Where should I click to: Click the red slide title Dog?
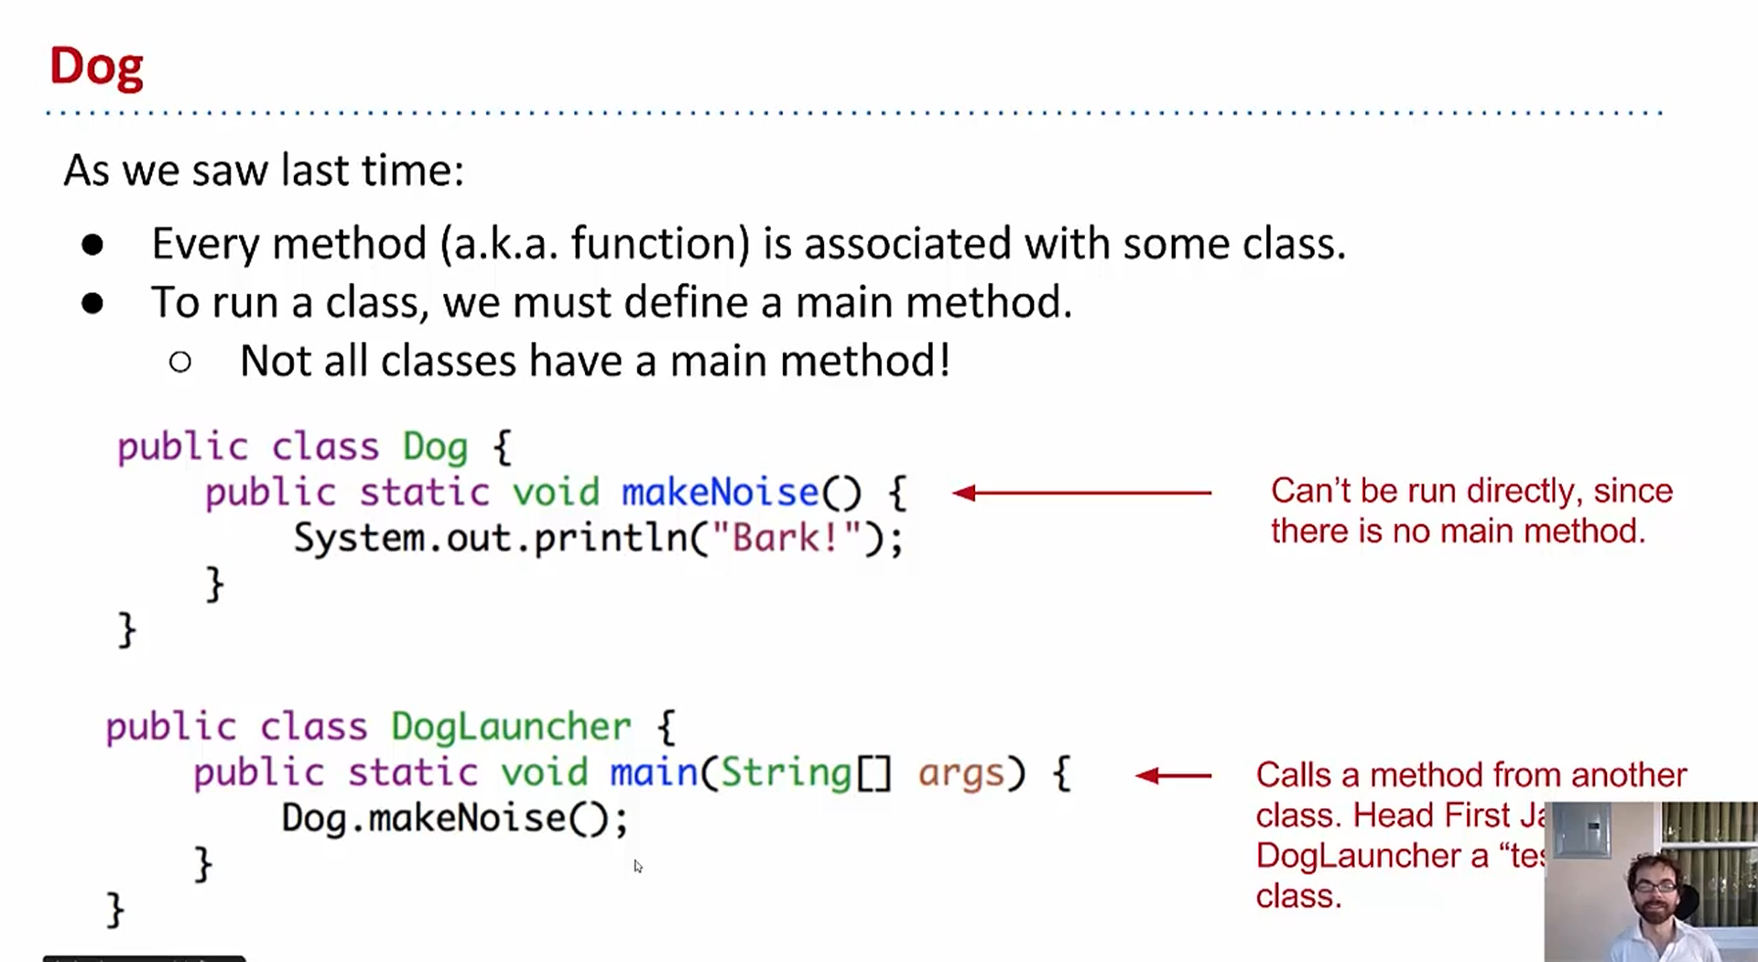click(x=96, y=67)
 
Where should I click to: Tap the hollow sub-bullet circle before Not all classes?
click(x=180, y=362)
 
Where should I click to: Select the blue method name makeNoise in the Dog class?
click(x=720, y=493)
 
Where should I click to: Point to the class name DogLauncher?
click(x=511, y=727)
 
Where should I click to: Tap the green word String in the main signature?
click(x=786, y=773)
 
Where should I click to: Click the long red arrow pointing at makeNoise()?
click(x=1081, y=493)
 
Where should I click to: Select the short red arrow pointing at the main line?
click(x=1173, y=776)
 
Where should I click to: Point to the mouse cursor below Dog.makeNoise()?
click(x=637, y=866)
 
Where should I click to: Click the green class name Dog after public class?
click(x=435, y=448)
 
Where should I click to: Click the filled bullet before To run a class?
click(x=92, y=303)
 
